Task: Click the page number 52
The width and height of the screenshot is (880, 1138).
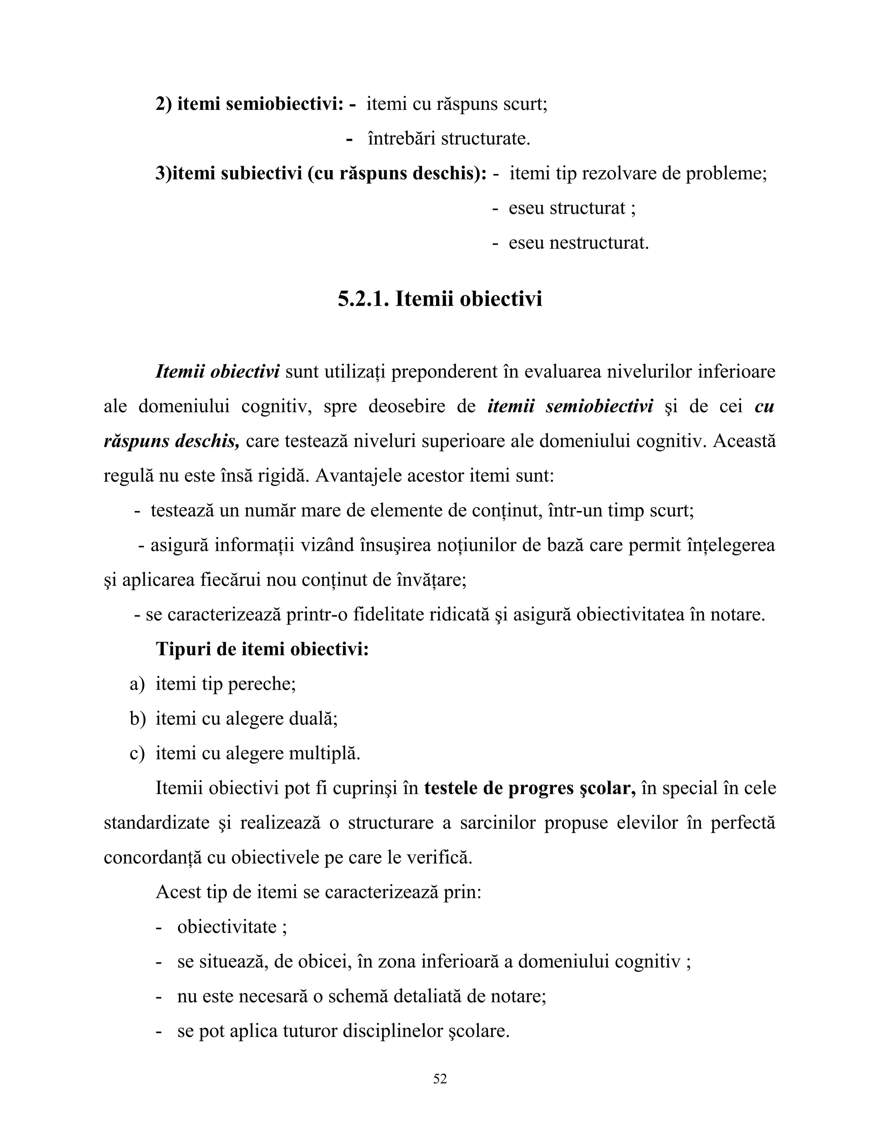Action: (440, 1079)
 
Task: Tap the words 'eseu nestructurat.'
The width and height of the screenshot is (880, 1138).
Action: (579, 243)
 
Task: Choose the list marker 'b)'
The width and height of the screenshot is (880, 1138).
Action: (137, 719)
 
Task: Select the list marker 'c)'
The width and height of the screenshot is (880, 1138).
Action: (137, 754)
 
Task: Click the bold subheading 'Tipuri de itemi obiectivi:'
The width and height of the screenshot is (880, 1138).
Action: (262, 649)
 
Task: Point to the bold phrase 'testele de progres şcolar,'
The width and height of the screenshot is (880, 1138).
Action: (530, 788)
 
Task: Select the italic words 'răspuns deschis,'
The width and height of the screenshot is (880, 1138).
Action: (171, 441)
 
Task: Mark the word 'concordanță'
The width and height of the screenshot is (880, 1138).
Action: (152, 858)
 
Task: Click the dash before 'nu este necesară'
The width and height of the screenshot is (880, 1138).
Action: (159, 997)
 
